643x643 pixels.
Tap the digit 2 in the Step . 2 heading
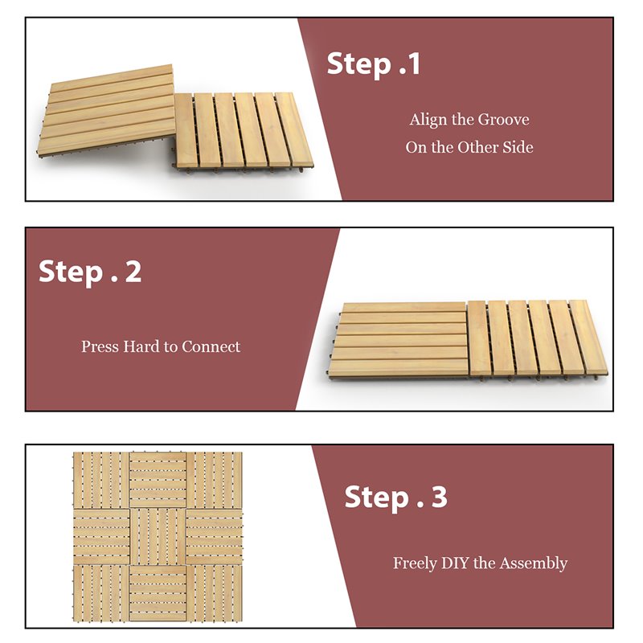pyautogui.click(x=133, y=272)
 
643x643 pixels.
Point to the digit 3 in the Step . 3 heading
pyautogui.click(x=439, y=498)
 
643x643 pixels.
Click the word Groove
pyautogui.click(x=503, y=120)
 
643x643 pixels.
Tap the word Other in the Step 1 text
pyautogui.click(x=479, y=147)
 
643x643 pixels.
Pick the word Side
pyautogui.click(x=518, y=147)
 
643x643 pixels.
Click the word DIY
pyautogui.click(x=455, y=563)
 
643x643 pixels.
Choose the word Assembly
pyautogui.click(x=534, y=563)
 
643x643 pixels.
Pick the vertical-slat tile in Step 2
pyautogui.click(x=534, y=338)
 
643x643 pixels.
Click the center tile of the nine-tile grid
pyautogui.click(x=158, y=536)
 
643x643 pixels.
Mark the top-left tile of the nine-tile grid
pyautogui.click(x=101, y=480)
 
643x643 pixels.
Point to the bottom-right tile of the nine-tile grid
pyautogui.click(x=215, y=592)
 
